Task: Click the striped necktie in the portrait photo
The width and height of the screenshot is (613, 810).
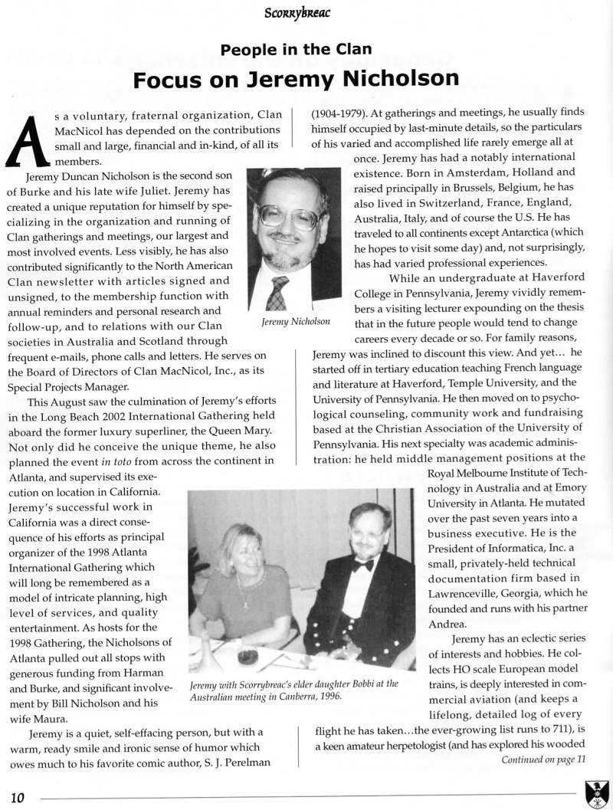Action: pos(277,293)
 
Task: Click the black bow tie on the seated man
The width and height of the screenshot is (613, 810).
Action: pos(364,565)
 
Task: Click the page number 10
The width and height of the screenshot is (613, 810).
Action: pos(18,798)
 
